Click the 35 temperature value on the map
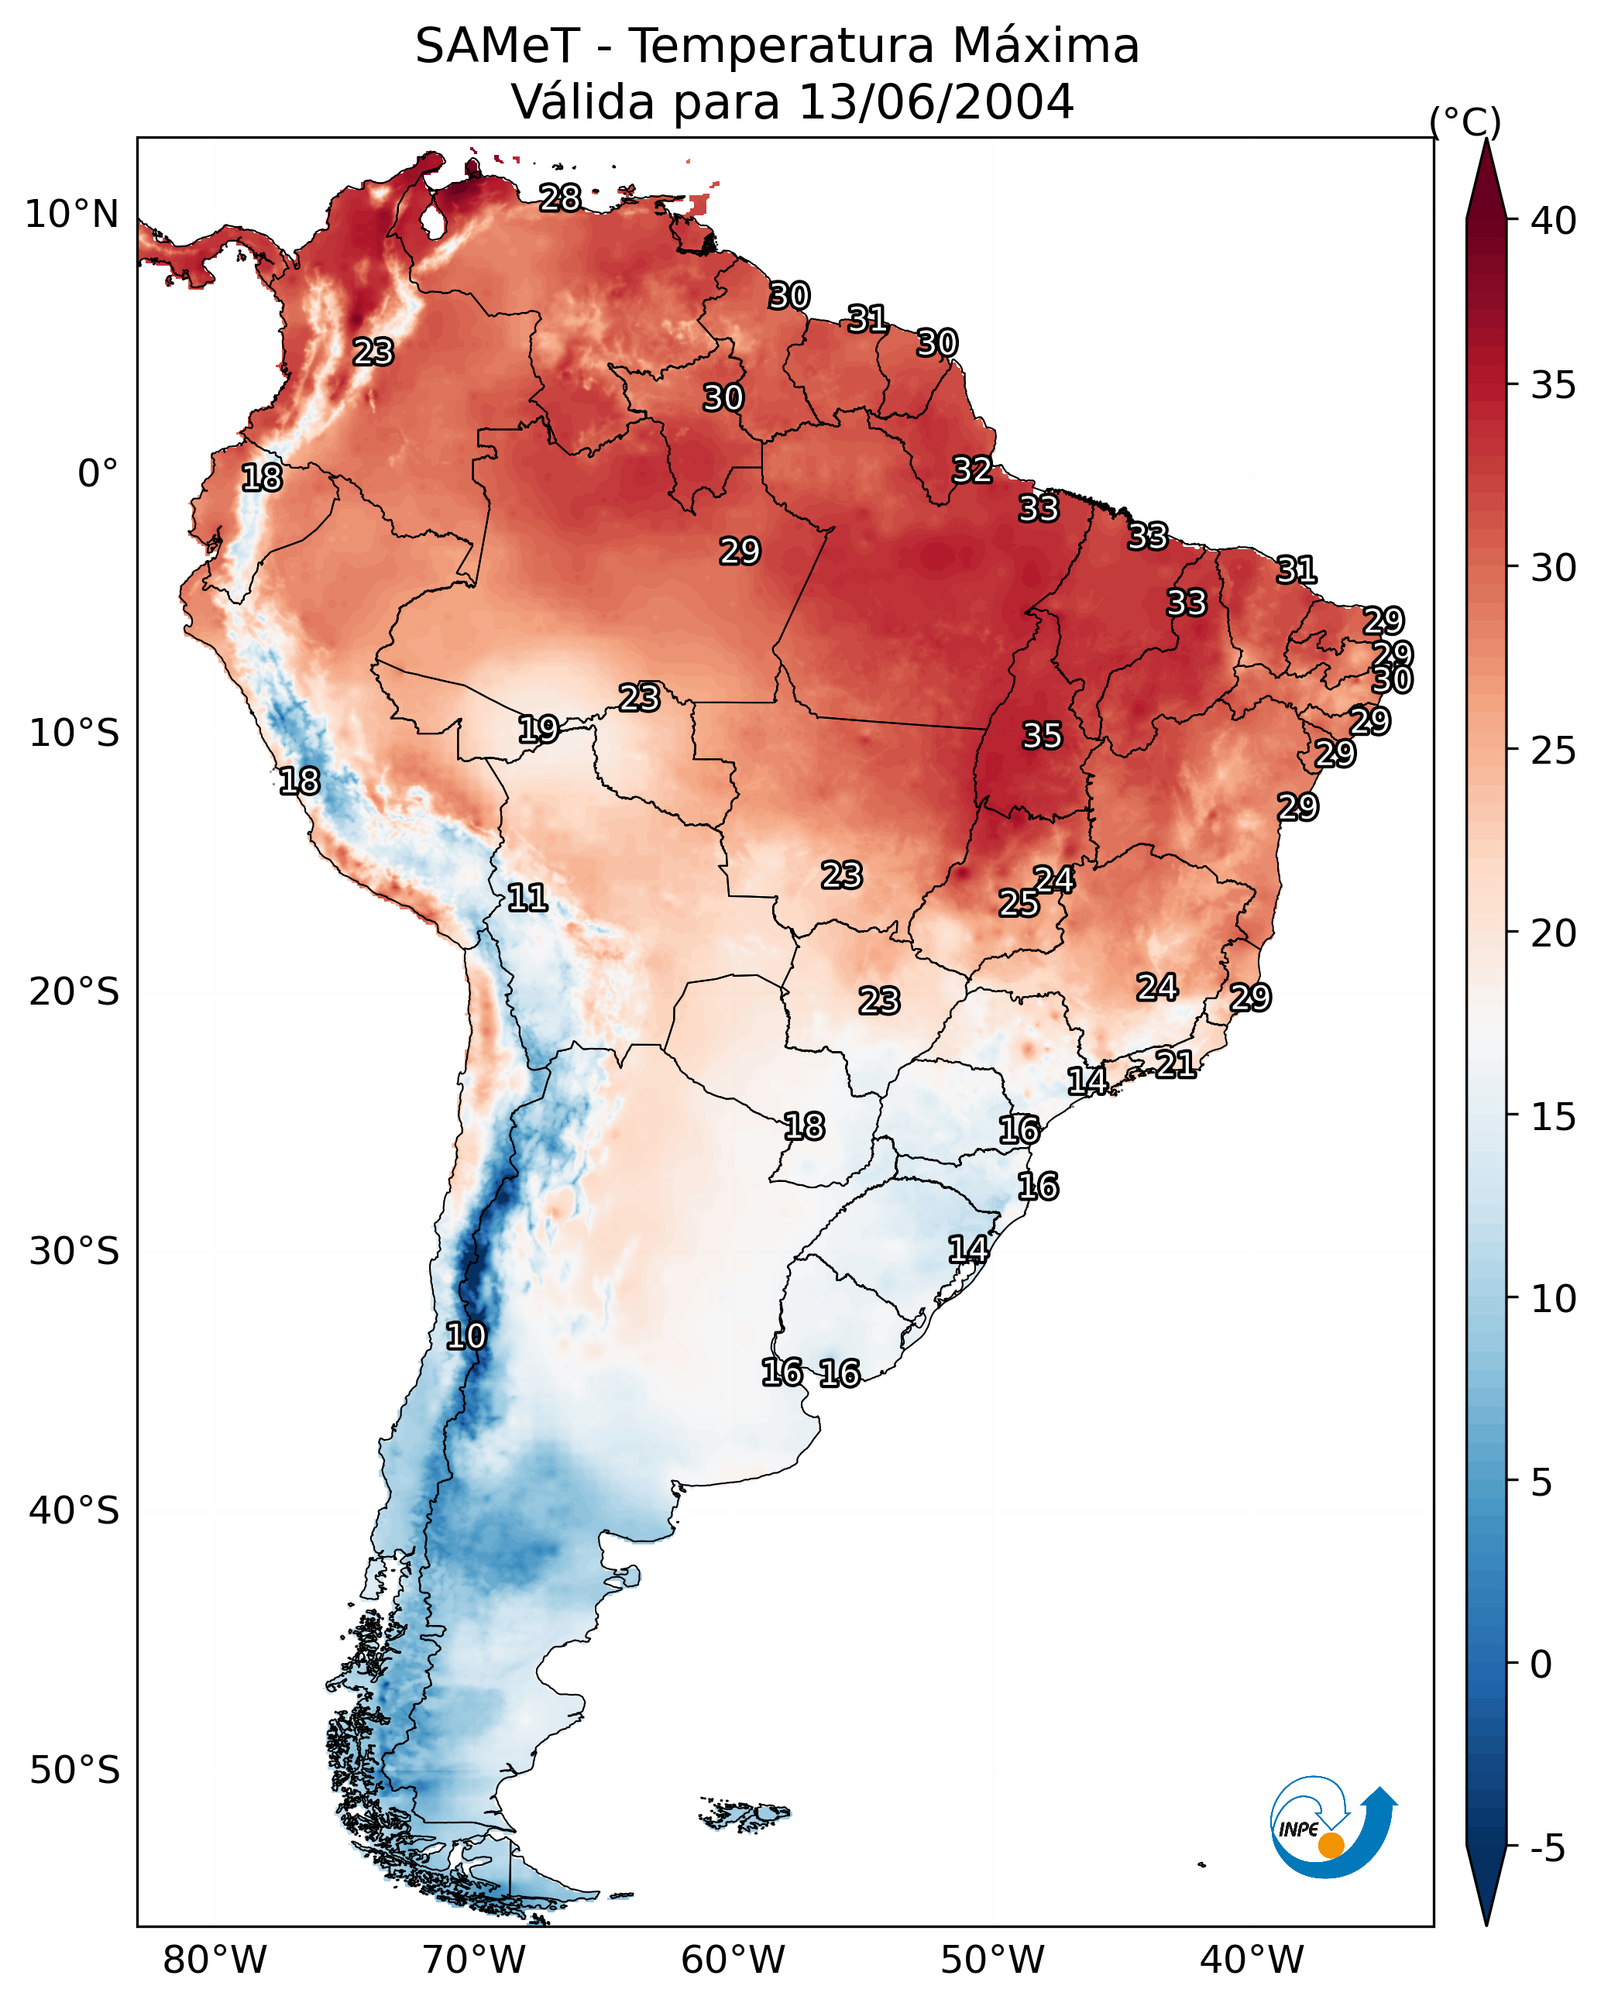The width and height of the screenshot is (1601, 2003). [1042, 736]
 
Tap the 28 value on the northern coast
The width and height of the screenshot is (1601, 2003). [560, 198]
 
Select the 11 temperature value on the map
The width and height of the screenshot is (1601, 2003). [527, 898]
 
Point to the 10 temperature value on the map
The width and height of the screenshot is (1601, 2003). [466, 1336]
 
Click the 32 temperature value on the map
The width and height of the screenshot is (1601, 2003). [972, 470]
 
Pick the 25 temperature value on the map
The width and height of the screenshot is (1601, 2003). [1019, 903]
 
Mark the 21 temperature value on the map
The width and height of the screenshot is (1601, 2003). [1176, 1063]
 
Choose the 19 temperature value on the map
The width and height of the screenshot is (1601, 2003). [538, 730]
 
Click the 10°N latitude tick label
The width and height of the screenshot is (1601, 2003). [71, 215]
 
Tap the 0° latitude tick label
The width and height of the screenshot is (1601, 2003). [98, 474]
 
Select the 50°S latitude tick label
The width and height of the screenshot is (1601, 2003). [74, 1771]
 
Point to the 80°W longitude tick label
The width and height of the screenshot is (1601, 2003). [215, 1960]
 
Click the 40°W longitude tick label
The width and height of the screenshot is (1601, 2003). [1252, 1960]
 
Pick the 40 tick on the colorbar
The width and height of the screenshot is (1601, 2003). [1554, 221]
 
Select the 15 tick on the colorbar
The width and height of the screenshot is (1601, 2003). [1554, 1117]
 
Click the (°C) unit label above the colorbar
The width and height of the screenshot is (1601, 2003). [1465, 122]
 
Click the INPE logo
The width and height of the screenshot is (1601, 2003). [1331, 1827]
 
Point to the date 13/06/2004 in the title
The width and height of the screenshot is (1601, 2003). [936, 102]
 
